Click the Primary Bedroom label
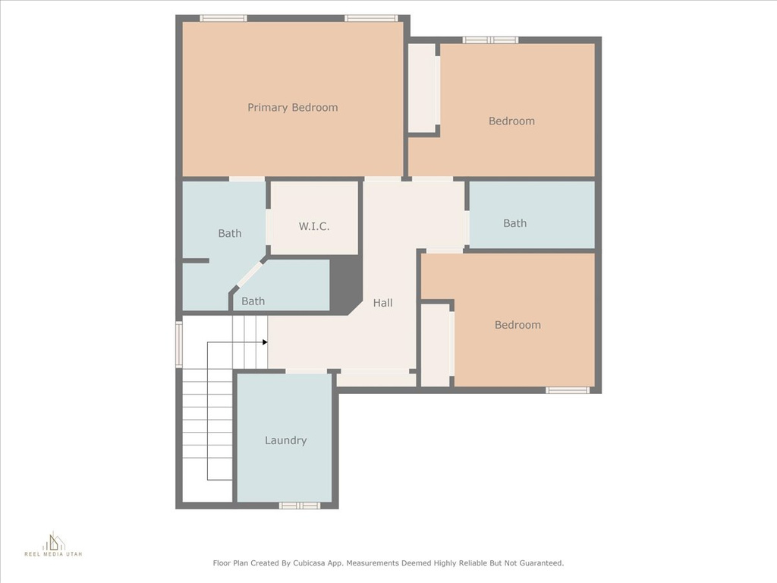[292, 108]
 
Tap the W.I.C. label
[314, 226]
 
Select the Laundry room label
[285, 440]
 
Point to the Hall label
[382, 303]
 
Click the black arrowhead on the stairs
[265, 342]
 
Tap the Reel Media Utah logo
[54, 544]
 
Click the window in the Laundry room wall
[299, 505]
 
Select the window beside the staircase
[179, 344]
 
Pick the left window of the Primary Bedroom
[223, 18]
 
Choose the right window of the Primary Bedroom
[371, 18]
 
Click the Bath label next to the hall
[515, 224]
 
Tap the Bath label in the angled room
[253, 301]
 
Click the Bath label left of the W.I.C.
[230, 233]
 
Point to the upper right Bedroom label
[511, 121]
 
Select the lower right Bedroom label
[517, 325]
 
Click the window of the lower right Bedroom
[568, 390]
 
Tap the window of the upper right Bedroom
[491, 40]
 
